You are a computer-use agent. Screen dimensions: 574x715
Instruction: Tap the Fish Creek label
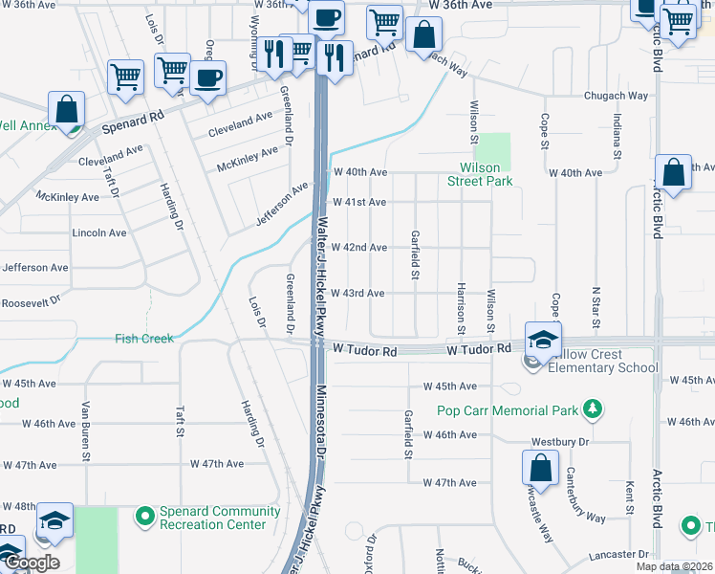(x=144, y=338)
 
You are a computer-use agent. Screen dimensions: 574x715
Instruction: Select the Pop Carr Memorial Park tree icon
(x=594, y=410)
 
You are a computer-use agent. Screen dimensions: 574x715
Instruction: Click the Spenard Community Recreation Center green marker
(x=145, y=518)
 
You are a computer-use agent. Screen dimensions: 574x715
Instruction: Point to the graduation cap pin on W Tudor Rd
(x=542, y=340)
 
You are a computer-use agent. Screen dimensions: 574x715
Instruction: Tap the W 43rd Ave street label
(x=358, y=293)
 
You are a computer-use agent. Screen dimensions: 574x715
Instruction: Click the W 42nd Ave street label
(x=358, y=248)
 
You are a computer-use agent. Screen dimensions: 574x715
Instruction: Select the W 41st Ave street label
(x=358, y=203)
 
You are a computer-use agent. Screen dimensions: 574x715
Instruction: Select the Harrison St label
(x=460, y=306)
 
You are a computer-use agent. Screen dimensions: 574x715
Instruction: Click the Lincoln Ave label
(x=99, y=232)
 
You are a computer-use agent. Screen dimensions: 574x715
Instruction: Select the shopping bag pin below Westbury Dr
(x=540, y=470)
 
